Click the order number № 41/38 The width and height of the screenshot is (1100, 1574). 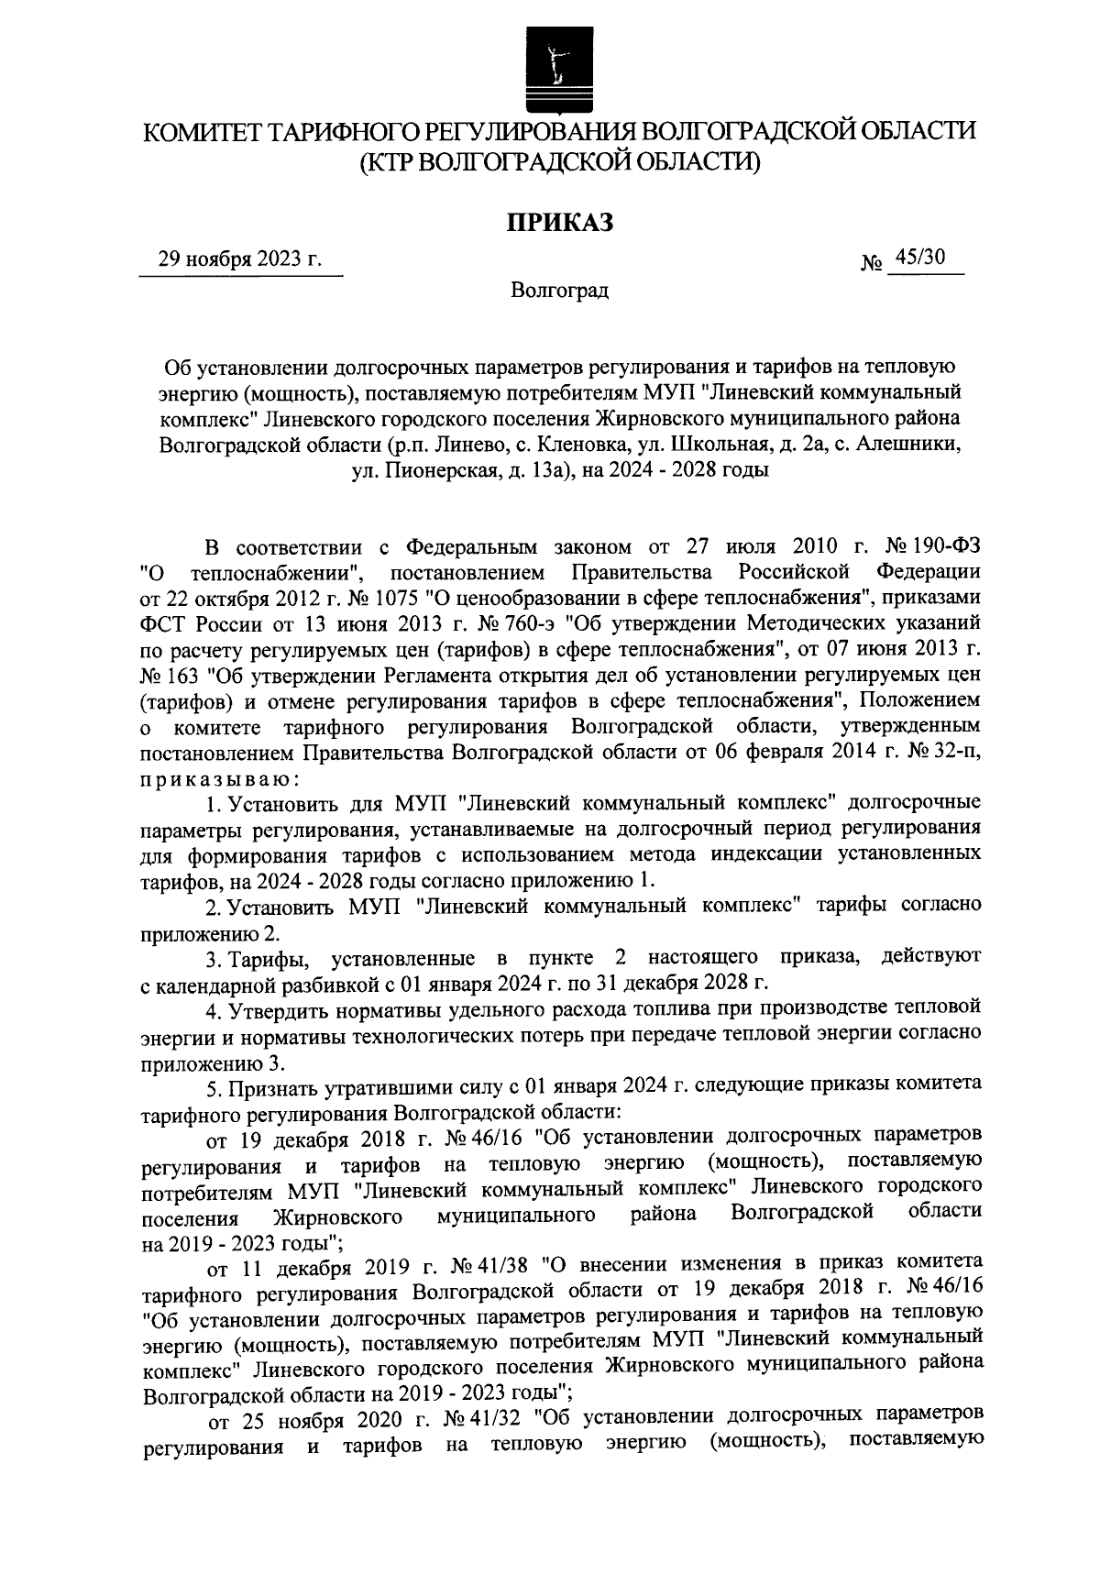pyautogui.click(x=492, y=1268)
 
